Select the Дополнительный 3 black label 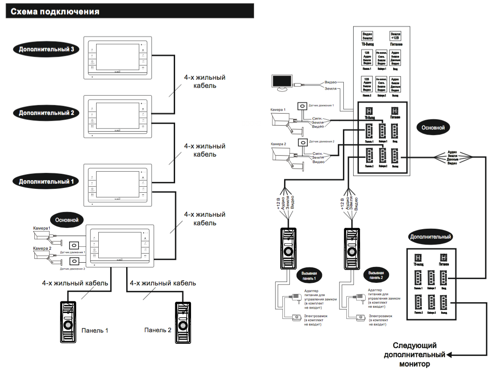click(x=46, y=49)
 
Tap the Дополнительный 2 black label click(x=46, y=113)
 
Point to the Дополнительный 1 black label click(x=46, y=181)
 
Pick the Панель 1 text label click(x=95, y=331)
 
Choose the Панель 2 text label click(x=158, y=330)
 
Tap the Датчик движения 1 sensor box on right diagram click(x=303, y=106)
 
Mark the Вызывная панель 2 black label click(x=376, y=275)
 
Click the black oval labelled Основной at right click(x=436, y=127)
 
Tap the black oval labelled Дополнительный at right click(x=430, y=237)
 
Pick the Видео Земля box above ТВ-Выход click(x=367, y=36)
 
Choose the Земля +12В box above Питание click(x=395, y=36)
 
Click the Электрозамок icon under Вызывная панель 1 click(x=296, y=318)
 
